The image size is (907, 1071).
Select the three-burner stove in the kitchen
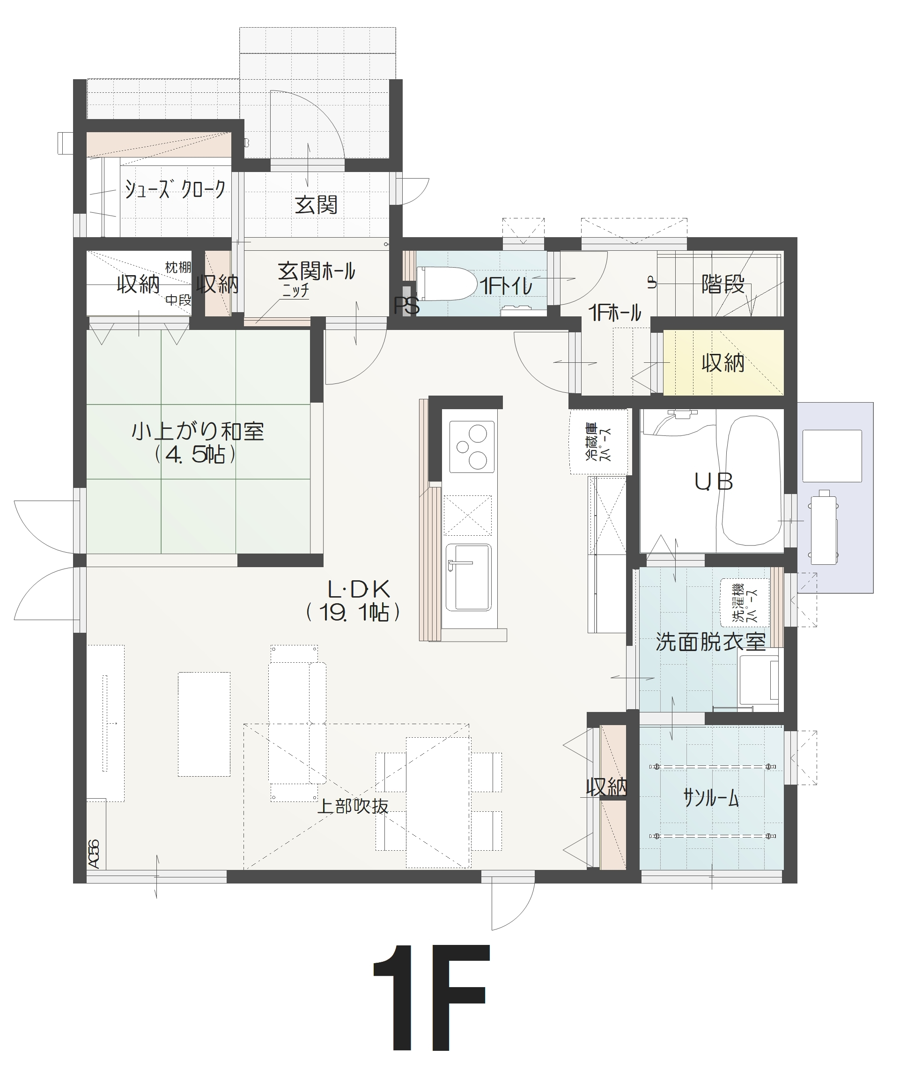(472, 447)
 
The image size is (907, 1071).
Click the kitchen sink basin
(468, 577)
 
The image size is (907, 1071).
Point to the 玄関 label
(316, 205)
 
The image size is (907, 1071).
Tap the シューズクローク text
(175, 189)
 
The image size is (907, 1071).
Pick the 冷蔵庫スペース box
(599, 442)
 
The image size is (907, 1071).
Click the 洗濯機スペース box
(745, 603)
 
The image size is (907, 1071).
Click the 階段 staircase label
(723, 284)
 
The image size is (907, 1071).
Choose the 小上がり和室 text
(198, 431)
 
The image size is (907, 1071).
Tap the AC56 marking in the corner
(94, 854)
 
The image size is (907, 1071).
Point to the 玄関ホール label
(316, 271)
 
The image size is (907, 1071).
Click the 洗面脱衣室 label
(711, 642)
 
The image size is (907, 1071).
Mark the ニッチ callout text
(295, 291)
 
